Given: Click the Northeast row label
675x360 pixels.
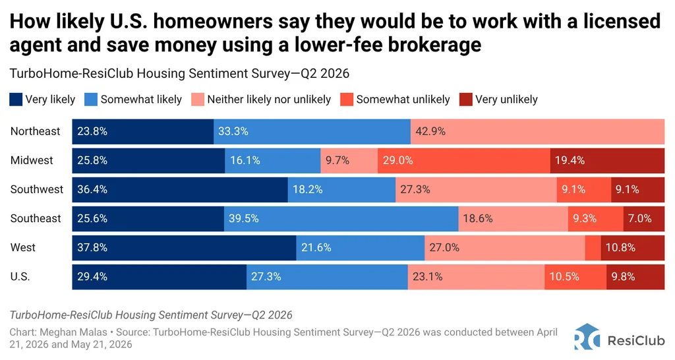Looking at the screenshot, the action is point(36,131).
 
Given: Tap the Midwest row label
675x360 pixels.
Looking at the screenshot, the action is point(32,160).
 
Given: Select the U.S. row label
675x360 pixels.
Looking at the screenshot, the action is point(20,276).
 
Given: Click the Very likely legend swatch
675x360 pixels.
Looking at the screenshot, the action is point(16,100).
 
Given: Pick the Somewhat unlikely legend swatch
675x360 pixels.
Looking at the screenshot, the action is point(347,100).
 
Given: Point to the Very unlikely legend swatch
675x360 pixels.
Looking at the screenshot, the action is point(466,100).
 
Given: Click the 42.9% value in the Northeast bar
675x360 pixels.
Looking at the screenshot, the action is point(430,131).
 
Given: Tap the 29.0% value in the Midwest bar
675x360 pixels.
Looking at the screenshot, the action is point(397,161).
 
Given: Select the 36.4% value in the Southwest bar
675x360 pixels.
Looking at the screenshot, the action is point(92,189).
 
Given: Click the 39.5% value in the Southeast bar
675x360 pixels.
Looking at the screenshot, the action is point(244,219).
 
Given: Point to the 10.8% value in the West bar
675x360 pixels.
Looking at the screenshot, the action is point(620,248).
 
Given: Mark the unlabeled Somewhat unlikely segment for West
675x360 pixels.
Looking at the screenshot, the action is point(593,248).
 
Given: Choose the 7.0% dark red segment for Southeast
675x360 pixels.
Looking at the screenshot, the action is point(643,219).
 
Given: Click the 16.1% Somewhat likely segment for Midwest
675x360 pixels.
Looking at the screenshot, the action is point(272,161).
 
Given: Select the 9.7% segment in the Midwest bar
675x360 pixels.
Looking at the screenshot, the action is point(349,161).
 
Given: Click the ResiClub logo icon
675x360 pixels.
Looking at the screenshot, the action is point(587,337).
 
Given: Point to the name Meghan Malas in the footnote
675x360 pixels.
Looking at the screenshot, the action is point(76,332).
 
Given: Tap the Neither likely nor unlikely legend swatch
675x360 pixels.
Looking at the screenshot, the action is point(198,100).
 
